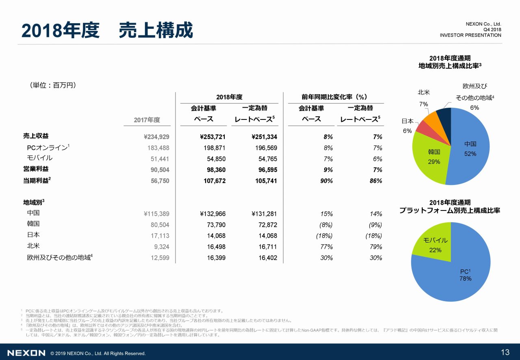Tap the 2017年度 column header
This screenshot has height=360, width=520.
click(147, 120)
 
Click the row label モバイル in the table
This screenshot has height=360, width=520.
click(40, 158)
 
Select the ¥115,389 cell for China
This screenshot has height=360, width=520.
click(154, 214)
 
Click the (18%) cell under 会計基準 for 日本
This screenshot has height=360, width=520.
click(324, 236)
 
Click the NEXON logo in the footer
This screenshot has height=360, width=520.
click(26, 353)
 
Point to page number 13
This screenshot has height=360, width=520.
click(505, 352)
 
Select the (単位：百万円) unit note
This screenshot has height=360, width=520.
click(53, 85)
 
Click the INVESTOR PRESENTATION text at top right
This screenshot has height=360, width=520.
click(470, 35)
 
